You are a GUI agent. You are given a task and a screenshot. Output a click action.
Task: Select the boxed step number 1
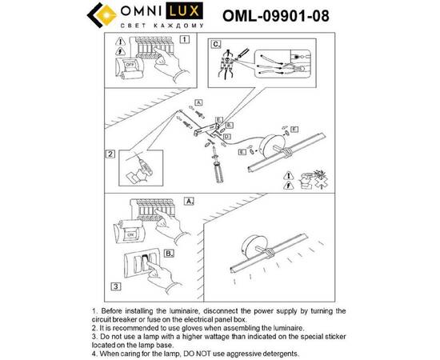186,38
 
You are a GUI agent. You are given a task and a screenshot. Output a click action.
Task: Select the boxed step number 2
110,152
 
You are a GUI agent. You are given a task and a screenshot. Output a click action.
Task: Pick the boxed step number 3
116,284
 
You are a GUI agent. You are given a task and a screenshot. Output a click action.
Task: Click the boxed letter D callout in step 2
228,138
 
